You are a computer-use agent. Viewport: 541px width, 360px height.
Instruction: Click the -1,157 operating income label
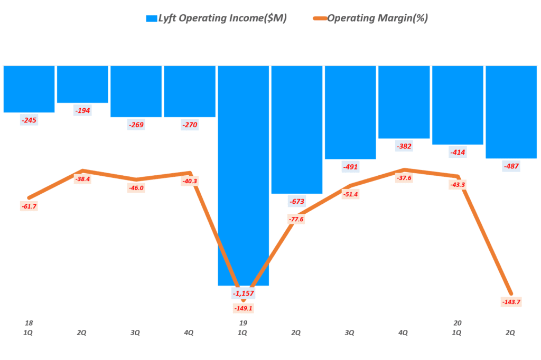click(243, 293)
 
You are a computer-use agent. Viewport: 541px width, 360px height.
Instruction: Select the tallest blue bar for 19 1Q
click(243, 174)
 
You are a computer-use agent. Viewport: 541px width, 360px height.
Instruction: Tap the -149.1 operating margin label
click(243, 308)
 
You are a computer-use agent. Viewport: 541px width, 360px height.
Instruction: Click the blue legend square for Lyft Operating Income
click(152, 18)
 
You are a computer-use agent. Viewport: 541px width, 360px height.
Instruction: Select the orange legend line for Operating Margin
click(319, 18)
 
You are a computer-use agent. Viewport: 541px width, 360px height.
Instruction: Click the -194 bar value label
click(82, 111)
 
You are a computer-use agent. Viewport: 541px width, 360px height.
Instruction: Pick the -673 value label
click(296, 201)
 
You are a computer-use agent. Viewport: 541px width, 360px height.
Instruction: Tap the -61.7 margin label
click(29, 206)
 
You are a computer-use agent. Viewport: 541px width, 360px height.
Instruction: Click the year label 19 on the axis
click(243, 323)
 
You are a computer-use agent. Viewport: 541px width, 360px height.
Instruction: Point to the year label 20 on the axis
click(458, 323)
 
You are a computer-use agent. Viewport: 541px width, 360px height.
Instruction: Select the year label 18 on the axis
click(29, 323)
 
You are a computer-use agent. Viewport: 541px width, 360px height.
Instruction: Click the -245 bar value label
click(29, 120)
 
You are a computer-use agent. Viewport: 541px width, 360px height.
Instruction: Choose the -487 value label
click(511, 166)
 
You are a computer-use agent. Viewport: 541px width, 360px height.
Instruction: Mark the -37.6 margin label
click(404, 178)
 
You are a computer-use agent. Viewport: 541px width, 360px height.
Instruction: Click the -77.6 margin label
click(296, 219)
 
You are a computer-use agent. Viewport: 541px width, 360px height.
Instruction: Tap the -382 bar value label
click(404, 146)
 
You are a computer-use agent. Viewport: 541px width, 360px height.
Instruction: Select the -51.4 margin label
click(350, 194)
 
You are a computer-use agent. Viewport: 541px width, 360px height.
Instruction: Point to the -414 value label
click(458, 153)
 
